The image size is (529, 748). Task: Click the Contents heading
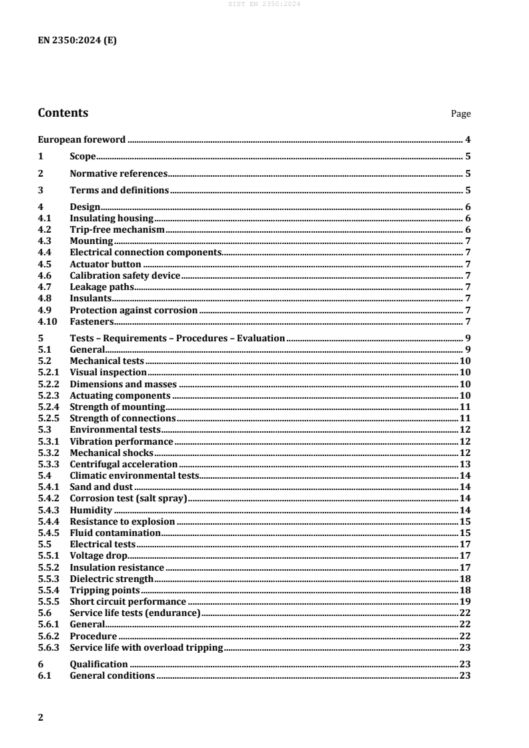(63, 113)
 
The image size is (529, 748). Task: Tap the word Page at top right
(461, 114)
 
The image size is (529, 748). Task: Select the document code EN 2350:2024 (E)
(77, 39)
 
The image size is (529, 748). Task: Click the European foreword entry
(82, 140)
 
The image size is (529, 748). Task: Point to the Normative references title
(119, 173)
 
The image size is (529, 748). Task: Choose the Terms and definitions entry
(119, 190)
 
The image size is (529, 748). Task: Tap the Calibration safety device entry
(125, 275)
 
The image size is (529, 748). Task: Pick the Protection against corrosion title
(133, 310)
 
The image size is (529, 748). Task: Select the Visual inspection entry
(108, 372)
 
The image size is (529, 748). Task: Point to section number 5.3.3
(49, 464)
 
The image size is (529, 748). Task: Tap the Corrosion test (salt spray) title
(129, 498)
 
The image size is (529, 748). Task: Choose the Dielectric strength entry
(111, 579)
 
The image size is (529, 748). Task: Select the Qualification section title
(99, 664)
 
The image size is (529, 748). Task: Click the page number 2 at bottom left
(41, 717)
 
